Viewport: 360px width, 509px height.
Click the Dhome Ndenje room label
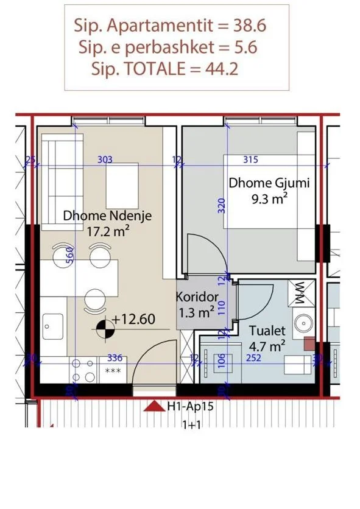coord(107,216)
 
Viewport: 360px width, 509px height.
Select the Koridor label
coord(197,298)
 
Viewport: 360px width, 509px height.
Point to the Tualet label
coord(267,331)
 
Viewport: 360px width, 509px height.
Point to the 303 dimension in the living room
coord(105,160)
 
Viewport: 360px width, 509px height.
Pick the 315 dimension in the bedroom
coord(250,160)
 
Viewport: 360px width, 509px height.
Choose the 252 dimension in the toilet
coord(253,358)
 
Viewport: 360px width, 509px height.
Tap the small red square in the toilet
coord(309,343)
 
